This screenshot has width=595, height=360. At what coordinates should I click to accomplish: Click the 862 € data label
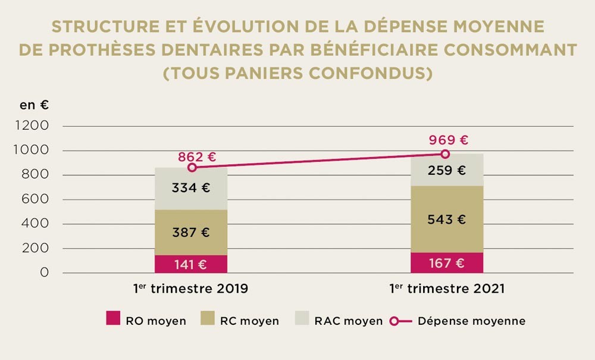(x=196, y=158)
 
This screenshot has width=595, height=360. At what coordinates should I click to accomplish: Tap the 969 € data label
(x=449, y=140)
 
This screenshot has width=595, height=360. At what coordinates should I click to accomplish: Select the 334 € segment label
(x=191, y=188)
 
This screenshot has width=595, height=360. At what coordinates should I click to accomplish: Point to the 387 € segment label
(x=191, y=233)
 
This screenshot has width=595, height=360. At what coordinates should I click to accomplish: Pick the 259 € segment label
(x=447, y=170)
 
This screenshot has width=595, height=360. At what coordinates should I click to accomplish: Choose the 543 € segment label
(x=447, y=220)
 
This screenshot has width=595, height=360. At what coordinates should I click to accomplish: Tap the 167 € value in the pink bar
(x=447, y=263)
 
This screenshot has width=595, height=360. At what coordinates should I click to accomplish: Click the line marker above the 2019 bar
(x=192, y=167)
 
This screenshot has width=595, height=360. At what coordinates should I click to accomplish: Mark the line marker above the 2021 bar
(x=445, y=154)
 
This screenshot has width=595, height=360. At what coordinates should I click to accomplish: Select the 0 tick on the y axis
(x=43, y=273)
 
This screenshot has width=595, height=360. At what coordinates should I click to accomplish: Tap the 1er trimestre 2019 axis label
(x=190, y=289)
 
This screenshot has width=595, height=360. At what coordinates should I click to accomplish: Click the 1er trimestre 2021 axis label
(x=447, y=289)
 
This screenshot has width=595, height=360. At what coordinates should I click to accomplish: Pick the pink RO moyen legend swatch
(x=113, y=321)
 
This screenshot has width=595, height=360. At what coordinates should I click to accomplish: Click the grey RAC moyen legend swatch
(x=303, y=321)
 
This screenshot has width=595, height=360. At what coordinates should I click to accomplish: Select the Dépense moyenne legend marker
(x=394, y=321)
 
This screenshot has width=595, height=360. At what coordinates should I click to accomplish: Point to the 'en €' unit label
(x=35, y=105)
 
